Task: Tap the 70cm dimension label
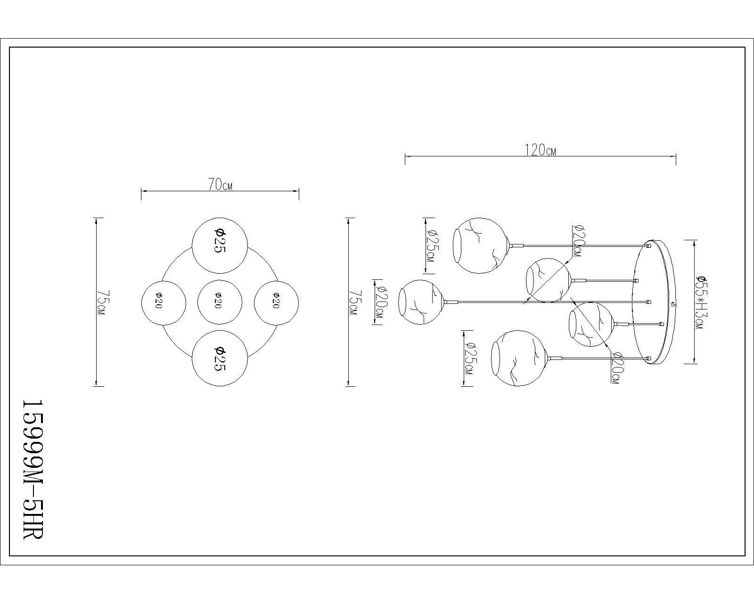pyautogui.click(x=220, y=184)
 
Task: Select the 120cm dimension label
pyautogui.click(x=540, y=150)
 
